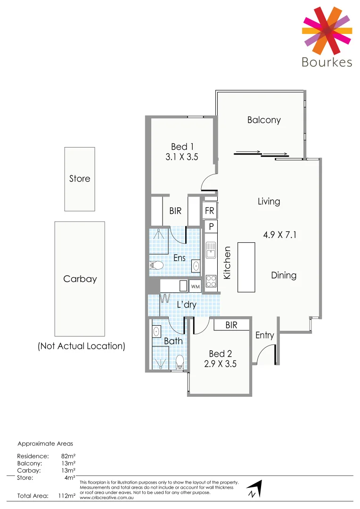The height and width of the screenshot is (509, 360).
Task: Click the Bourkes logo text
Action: [327, 62]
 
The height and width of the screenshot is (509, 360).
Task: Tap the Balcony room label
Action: [264, 120]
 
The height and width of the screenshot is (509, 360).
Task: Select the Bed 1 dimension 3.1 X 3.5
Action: [182, 157]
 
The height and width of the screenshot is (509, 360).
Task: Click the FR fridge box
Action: [209, 211]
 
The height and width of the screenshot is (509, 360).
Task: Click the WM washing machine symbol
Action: [195, 286]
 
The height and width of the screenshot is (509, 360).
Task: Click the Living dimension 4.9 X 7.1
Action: [279, 234]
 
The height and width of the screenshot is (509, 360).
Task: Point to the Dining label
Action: [284, 275]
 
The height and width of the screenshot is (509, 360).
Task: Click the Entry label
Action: [264, 335]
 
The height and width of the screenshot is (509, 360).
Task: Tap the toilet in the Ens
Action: [156, 266]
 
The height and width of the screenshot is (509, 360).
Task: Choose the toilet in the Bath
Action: [179, 362]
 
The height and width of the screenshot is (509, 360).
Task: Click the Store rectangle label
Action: [80, 179]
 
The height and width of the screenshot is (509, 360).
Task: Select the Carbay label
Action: [80, 279]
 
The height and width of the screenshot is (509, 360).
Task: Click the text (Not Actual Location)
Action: [81, 346]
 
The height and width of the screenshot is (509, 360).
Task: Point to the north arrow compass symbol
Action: [254, 489]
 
